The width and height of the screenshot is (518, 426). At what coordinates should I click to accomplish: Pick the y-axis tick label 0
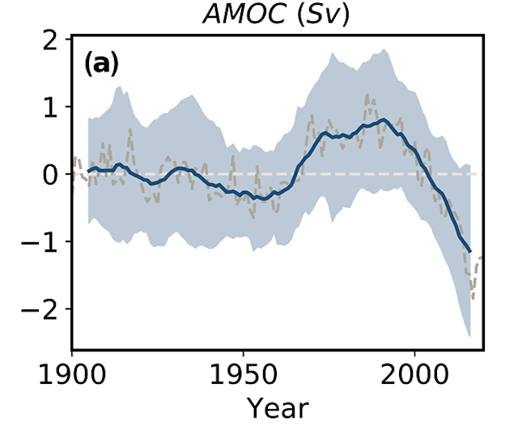[x=50, y=174]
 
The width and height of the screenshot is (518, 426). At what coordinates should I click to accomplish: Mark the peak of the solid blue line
[x=384, y=120]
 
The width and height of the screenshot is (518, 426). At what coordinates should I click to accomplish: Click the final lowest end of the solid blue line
[x=469, y=252]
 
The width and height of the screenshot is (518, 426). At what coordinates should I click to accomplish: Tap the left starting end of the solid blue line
[x=88, y=171]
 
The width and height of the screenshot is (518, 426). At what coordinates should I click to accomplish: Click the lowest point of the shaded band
[x=469, y=335]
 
